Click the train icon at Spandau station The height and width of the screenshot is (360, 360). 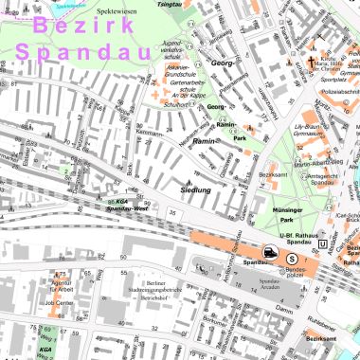tap(272, 254)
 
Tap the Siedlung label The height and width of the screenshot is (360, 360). tap(196, 190)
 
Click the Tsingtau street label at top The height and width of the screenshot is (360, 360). tap(168, 4)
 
